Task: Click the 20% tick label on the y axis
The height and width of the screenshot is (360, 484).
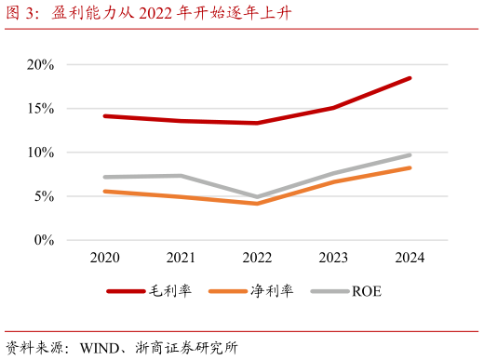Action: (x=41, y=65)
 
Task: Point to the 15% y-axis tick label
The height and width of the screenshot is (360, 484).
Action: (x=41, y=109)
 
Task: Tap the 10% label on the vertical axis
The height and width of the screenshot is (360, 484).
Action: (x=41, y=153)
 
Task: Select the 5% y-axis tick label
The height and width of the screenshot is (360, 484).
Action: (x=44, y=196)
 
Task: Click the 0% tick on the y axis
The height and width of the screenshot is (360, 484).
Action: (x=44, y=240)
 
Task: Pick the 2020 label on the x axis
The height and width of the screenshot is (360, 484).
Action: (x=105, y=257)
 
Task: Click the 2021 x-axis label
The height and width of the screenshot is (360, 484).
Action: (x=181, y=257)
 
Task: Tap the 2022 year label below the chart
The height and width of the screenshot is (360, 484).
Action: (x=258, y=257)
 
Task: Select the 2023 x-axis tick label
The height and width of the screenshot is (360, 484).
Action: (x=334, y=257)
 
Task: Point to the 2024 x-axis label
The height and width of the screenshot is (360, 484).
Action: (x=410, y=257)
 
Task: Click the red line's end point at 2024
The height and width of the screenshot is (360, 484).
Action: (x=410, y=78)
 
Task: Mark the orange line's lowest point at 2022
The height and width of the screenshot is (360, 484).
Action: (x=258, y=203)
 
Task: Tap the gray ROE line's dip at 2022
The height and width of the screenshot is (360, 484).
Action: (x=258, y=197)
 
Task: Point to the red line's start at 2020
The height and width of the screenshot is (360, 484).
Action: (x=105, y=116)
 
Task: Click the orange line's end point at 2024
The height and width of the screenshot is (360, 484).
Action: (x=410, y=167)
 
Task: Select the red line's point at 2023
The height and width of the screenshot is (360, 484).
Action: (x=334, y=108)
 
